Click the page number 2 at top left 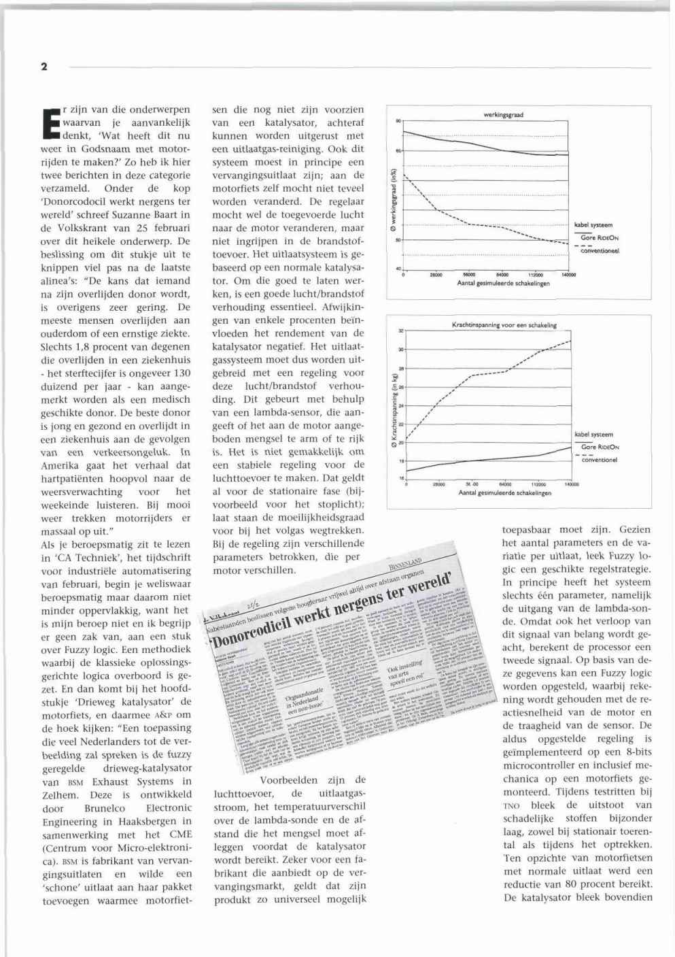[44, 67]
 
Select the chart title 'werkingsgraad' [503, 115]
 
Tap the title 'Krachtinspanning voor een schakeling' [504, 326]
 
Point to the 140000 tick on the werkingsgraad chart [568, 275]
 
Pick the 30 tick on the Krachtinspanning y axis [400, 350]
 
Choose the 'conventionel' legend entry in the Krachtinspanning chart [600, 460]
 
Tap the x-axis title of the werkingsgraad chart [503, 283]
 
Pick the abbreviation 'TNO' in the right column [510, 805]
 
